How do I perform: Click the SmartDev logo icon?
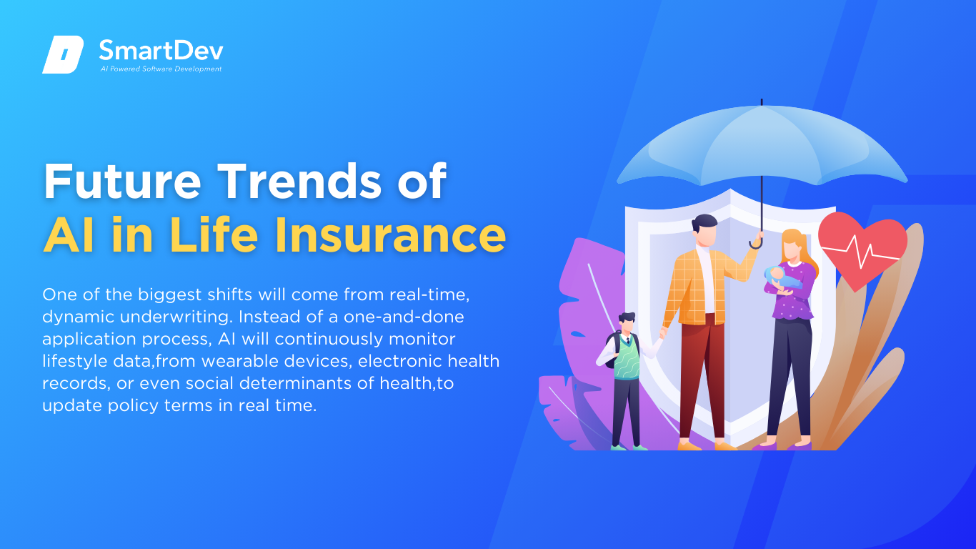(x=63, y=54)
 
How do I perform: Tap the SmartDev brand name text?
(x=161, y=51)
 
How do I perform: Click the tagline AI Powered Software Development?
(x=161, y=69)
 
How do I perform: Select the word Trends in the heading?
(x=299, y=182)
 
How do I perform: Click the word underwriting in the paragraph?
(x=175, y=317)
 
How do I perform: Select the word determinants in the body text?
(x=306, y=383)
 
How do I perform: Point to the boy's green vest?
(x=627, y=360)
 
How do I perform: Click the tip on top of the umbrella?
(x=762, y=102)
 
